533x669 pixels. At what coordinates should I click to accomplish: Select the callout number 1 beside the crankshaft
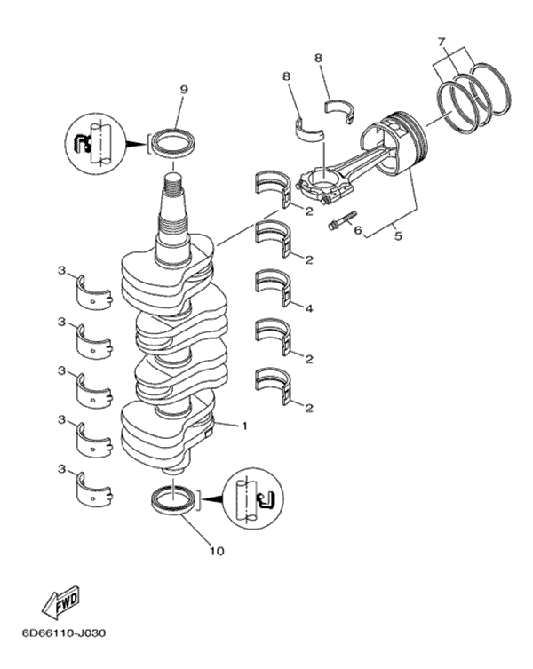pos(244,426)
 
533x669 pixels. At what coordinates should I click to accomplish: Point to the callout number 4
pos(308,308)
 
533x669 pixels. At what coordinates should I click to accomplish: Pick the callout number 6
pos(358,231)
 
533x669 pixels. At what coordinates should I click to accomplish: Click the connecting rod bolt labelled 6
pos(341,219)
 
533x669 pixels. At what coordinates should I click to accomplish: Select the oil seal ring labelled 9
pos(175,141)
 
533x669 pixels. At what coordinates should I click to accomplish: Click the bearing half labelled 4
pos(274,286)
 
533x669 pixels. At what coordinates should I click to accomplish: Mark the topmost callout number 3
pos(61,269)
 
